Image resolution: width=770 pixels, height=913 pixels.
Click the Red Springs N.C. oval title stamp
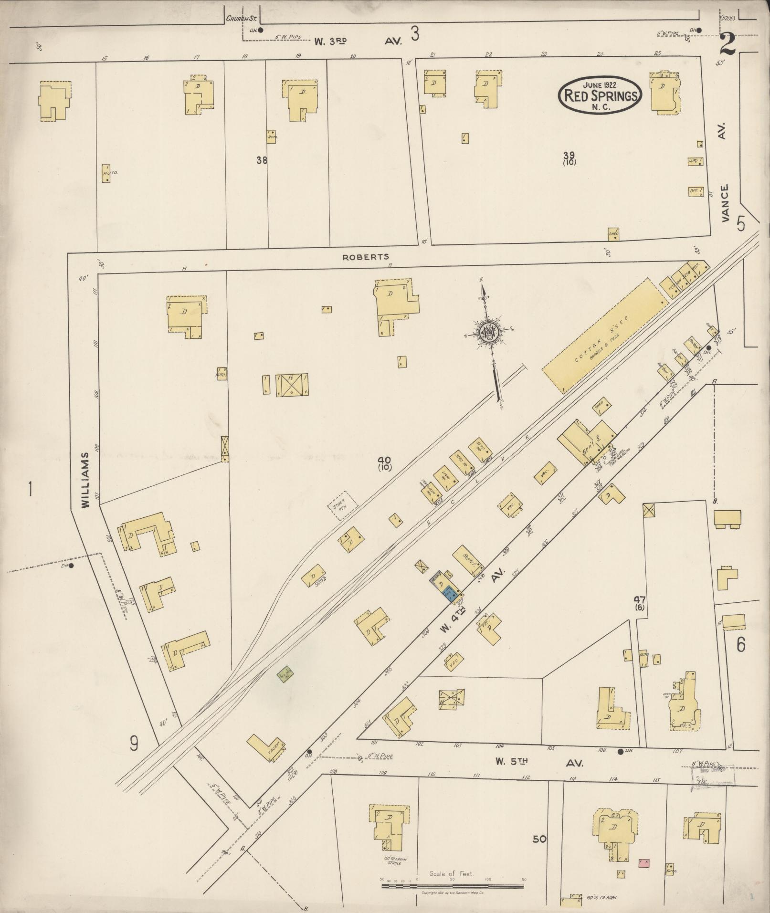601,95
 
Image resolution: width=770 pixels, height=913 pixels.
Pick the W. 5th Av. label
538,763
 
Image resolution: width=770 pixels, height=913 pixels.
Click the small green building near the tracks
286,674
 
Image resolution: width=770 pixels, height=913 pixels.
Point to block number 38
261,160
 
